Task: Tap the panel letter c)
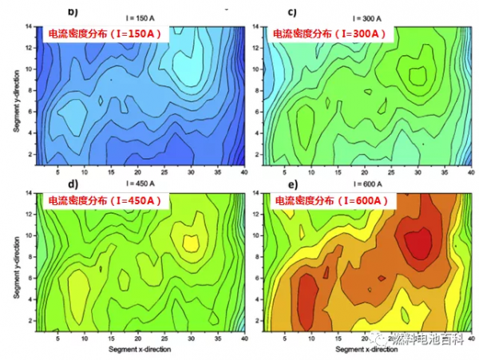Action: coord(292,12)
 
